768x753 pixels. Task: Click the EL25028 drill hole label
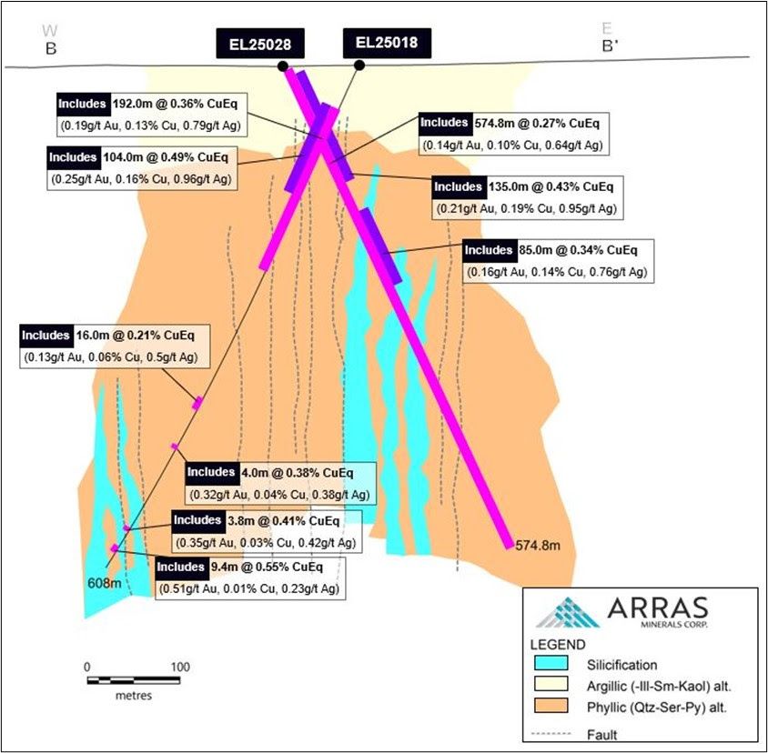(x=259, y=43)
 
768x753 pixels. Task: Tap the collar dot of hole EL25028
(x=283, y=65)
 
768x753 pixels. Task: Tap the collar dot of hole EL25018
(x=359, y=65)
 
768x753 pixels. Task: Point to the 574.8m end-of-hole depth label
(x=537, y=547)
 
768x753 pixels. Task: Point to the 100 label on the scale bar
(x=179, y=666)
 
